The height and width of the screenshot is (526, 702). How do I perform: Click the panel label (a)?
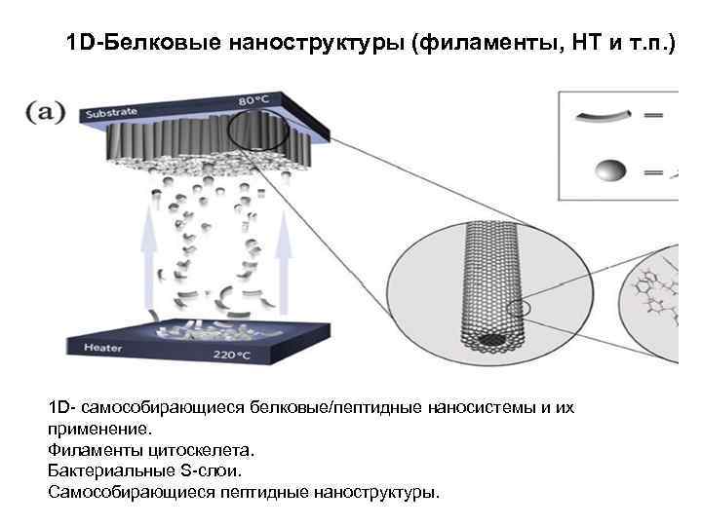[x=46, y=112]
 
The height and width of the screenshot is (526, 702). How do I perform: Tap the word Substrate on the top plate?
[x=113, y=114]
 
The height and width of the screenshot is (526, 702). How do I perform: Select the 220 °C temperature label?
[x=232, y=355]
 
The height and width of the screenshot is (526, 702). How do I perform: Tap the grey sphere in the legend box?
[x=611, y=171]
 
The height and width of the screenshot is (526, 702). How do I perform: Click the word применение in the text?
[x=98, y=428]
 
